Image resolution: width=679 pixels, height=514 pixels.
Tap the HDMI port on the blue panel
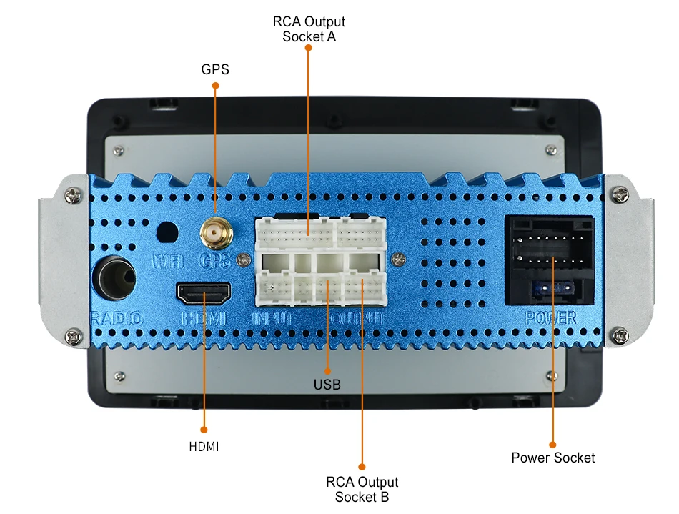[204, 292]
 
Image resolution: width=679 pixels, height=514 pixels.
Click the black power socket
[550, 261]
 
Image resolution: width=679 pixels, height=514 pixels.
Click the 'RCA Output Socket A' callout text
[309, 29]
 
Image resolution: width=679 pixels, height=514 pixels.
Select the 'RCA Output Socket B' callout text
[362, 490]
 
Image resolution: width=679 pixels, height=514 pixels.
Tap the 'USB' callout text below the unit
[327, 385]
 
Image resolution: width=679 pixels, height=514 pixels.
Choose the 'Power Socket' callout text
[552, 458]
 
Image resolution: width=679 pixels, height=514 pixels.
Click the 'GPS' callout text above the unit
[215, 69]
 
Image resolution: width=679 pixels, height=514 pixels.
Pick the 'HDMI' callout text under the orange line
[204, 447]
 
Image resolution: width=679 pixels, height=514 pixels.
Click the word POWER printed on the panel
[550, 318]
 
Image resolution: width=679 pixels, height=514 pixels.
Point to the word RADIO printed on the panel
[115, 319]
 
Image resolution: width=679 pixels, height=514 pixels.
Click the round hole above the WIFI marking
[167, 232]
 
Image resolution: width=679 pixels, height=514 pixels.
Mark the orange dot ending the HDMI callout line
[204, 430]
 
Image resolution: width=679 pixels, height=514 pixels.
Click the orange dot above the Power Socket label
[553, 443]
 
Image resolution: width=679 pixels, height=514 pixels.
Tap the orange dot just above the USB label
[327, 370]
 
